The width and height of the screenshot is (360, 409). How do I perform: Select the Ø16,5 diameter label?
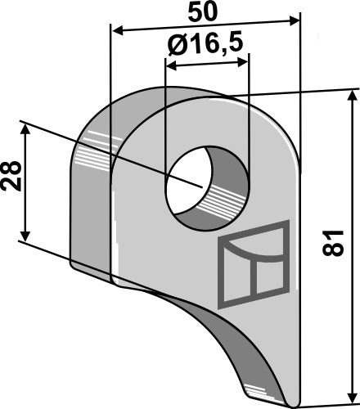tap(207, 46)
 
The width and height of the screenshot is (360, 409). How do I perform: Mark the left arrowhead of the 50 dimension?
tap(117, 31)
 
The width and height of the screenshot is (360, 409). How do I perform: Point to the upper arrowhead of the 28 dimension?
tap(27, 129)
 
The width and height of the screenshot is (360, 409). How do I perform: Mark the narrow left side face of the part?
tap(92, 204)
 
